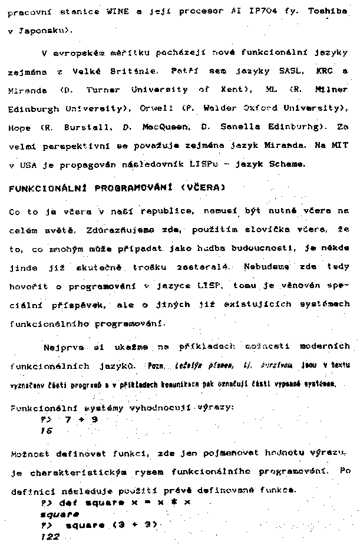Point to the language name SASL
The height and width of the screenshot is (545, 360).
tap(290, 71)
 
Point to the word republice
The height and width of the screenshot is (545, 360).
tap(161, 211)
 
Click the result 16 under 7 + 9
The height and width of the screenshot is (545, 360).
tap(47, 431)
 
